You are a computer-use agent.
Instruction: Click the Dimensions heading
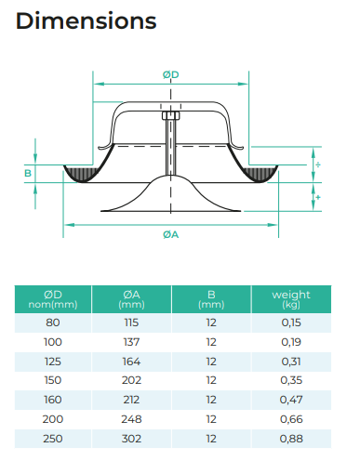[86, 21]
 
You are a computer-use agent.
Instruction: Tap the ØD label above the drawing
[171, 74]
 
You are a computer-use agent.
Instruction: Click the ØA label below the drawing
[171, 235]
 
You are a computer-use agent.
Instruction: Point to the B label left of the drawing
[28, 173]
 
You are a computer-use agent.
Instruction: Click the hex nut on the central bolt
[171, 116]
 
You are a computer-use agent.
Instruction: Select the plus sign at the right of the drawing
[318, 197]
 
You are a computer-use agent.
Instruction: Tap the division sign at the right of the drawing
[318, 165]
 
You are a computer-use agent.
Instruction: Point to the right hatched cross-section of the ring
[260, 174]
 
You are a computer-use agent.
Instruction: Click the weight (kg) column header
[291, 299]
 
